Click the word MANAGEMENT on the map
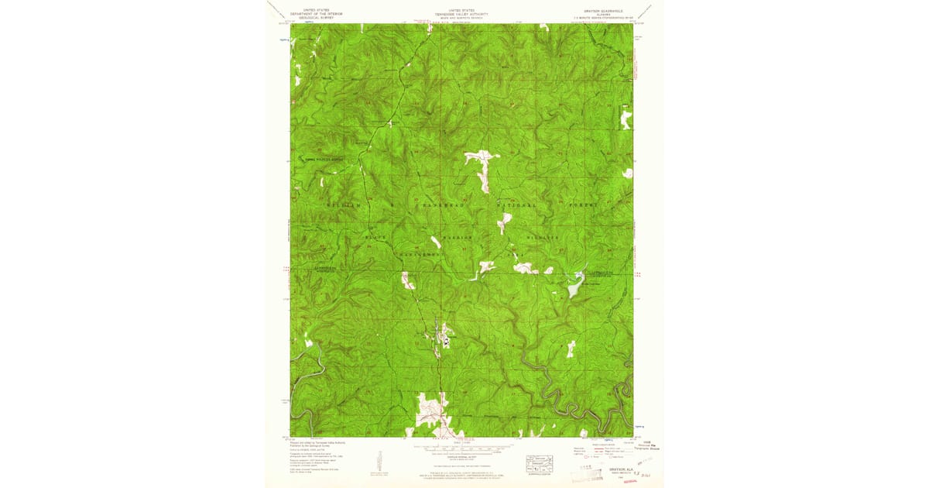(421, 253)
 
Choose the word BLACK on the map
(375, 237)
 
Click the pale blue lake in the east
(575, 290)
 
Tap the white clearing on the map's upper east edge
(625, 119)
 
